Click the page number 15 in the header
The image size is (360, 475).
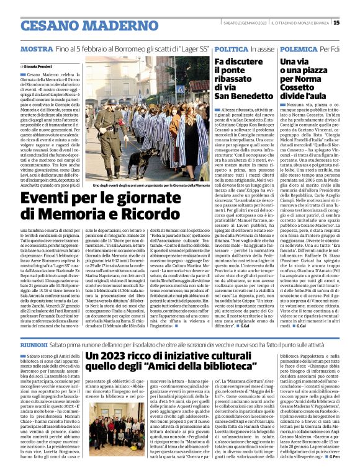point(354,23)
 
